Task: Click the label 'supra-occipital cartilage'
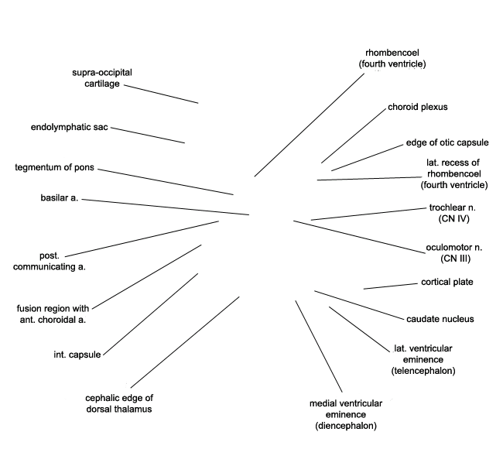tap(102, 78)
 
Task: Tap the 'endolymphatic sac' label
tap(70, 127)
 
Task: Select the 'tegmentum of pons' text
tap(54, 167)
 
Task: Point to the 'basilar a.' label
tap(60, 197)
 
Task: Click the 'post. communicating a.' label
tap(50, 261)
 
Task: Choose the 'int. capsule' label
tap(77, 355)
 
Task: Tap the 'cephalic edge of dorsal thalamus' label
tap(119, 403)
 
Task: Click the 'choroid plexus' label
tap(418, 107)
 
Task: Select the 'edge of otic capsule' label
tap(447, 142)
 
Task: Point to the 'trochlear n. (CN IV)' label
tap(453, 213)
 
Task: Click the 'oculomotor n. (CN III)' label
tap(454, 253)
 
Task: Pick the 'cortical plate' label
tap(447, 282)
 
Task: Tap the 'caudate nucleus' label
tap(440, 319)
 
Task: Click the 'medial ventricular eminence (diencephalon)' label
tap(346, 415)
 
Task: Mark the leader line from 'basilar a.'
tap(166, 207)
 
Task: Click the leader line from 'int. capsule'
tap(151, 314)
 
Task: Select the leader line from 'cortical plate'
tap(391, 286)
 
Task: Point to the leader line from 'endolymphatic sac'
tap(148, 135)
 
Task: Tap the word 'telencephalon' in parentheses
tap(423, 371)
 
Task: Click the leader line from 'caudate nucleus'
tap(359, 305)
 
